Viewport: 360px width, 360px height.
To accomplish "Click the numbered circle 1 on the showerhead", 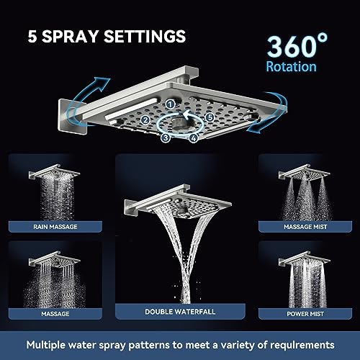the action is coord(171,104).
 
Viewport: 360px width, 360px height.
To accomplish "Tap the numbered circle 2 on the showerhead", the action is coord(145,120).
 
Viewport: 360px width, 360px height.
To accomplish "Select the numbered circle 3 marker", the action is coord(166,138).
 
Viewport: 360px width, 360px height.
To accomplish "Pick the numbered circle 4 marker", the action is coord(194,138).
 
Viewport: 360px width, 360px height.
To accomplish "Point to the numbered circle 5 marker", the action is coord(210,117).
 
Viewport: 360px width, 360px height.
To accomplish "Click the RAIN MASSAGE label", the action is coord(55,227).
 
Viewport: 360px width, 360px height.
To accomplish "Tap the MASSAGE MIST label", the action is coord(305,227).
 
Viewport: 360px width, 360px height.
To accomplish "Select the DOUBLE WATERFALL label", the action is coord(180,312).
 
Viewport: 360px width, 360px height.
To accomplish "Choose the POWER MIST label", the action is coord(305,314).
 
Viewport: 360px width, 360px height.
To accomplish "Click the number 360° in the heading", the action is coord(297,45).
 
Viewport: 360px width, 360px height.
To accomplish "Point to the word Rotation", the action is coord(292,66).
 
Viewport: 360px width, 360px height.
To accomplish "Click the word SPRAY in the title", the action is coord(70,36).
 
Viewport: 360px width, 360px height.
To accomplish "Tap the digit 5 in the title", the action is coord(32,37).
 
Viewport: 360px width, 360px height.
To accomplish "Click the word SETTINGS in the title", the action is coord(145,36).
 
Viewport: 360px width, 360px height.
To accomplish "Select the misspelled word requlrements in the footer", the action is coord(302,345).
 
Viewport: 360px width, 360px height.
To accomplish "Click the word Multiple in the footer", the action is coord(46,345).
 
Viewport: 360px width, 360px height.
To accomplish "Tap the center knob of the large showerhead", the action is coord(179,123).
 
